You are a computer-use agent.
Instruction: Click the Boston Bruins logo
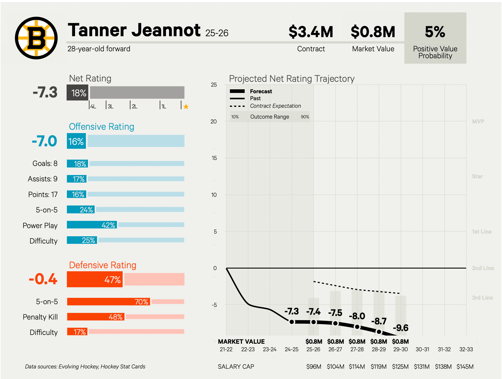[36, 38]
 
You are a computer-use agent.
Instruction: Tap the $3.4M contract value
[311, 32]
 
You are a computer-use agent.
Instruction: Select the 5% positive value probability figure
[435, 32]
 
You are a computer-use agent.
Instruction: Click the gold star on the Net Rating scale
[186, 107]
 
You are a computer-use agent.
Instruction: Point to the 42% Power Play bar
[92, 225]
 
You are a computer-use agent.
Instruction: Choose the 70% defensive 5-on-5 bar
[108, 301]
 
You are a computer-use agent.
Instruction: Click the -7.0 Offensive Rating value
[45, 141]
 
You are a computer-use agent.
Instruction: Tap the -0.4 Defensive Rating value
[43, 279]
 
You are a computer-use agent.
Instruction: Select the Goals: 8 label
[45, 164]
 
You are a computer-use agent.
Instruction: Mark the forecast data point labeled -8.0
[357, 326]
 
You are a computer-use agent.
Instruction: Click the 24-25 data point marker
[292, 322]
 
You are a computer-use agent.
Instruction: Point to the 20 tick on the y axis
[214, 121]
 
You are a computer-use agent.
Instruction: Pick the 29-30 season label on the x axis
[400, 349]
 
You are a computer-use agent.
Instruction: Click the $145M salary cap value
[465, 367]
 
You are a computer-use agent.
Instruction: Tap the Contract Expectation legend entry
[275, 106]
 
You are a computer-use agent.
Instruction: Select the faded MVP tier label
[478, 121]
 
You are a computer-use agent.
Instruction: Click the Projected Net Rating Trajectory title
[291, 79]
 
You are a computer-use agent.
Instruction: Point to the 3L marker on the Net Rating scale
[110, 106]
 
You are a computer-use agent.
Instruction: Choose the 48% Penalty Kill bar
[96, 317]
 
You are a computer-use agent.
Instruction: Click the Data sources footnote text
[85, 367]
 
